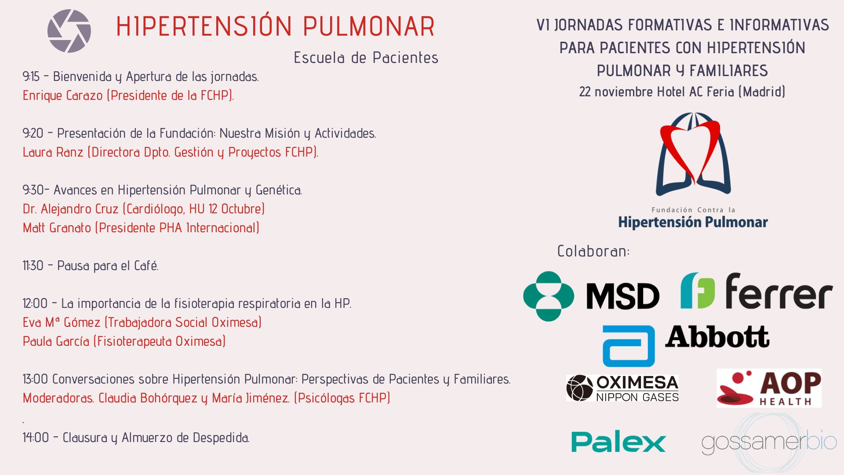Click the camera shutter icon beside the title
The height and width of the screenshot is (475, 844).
coord(69,31)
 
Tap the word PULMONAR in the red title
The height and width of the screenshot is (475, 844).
coord(369,26)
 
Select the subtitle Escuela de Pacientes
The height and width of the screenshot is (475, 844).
coord(366,58)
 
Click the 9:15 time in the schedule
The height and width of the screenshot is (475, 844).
coord(31,77)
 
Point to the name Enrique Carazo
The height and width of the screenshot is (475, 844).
coord(63,95)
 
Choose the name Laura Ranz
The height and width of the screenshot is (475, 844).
coord(53,152)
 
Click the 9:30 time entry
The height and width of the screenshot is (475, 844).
coord(33,190)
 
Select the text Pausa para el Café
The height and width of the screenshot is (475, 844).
coord(108,266)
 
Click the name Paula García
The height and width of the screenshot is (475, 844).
coord(56,341)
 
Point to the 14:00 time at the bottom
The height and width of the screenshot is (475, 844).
coord(36,438)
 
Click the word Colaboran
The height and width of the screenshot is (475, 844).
coord(593,251)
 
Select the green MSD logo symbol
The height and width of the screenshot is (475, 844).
coord(549,296)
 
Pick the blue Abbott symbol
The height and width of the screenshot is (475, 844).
coord(629,346)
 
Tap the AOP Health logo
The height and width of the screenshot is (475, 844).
coord(769,388)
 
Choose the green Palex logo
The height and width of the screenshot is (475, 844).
coord(618,442)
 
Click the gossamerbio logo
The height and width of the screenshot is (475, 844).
coord(769,442)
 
